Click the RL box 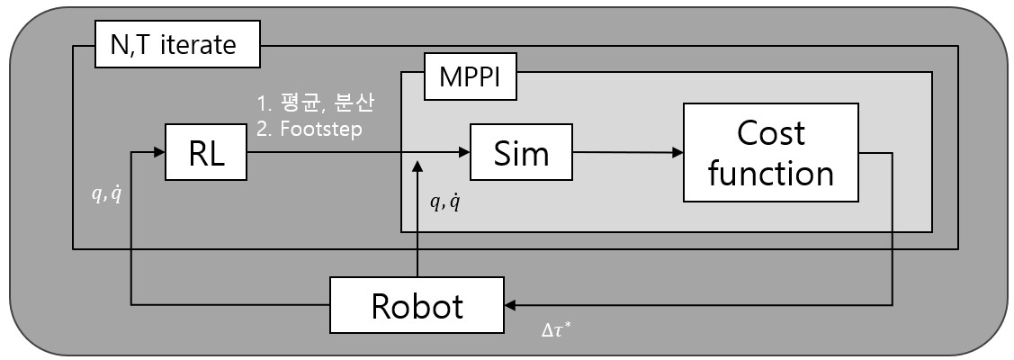tap(206, 153)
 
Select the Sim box tap(522, 153)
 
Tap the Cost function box tap(770, 152)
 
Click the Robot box tap(417, 306)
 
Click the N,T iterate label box tap(177, 45)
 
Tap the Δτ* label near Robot tap(556, 329)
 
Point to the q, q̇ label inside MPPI tap(444, 202)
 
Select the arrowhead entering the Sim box tap(463, 153)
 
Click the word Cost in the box tap(770, 133)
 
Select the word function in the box tap(771, 172)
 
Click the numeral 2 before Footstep tap(262, 129)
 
